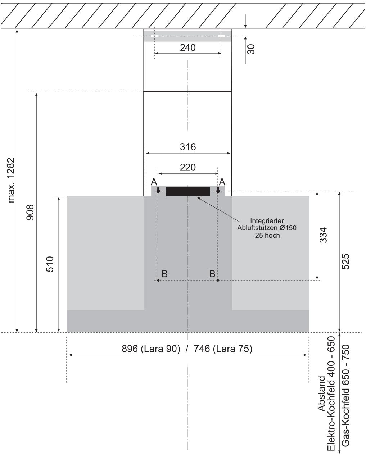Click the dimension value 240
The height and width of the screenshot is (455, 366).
click(187, 48)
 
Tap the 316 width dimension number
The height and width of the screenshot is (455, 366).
click(188, 147)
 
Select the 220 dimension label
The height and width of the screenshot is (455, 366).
click(188, 168)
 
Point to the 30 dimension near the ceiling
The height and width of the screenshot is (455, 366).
click(251, 49)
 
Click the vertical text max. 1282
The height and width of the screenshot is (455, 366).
click(11, 180)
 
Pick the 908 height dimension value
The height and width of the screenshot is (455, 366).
click(30, 212)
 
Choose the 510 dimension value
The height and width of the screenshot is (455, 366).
click(50, 264)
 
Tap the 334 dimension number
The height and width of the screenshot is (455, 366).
click(323, 235)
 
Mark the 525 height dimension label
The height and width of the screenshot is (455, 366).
click(345, 261)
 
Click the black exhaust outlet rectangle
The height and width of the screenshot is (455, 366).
click(188, 191)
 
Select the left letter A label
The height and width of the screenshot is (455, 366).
click(154, 182)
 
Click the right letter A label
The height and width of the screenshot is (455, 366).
click(222, 182)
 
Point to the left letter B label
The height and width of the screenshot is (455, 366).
click(164, 274)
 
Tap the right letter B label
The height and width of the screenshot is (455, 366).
click(212, 274)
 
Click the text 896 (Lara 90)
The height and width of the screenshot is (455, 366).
click(151, 349)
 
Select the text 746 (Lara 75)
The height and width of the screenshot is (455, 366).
click(223, 349)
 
